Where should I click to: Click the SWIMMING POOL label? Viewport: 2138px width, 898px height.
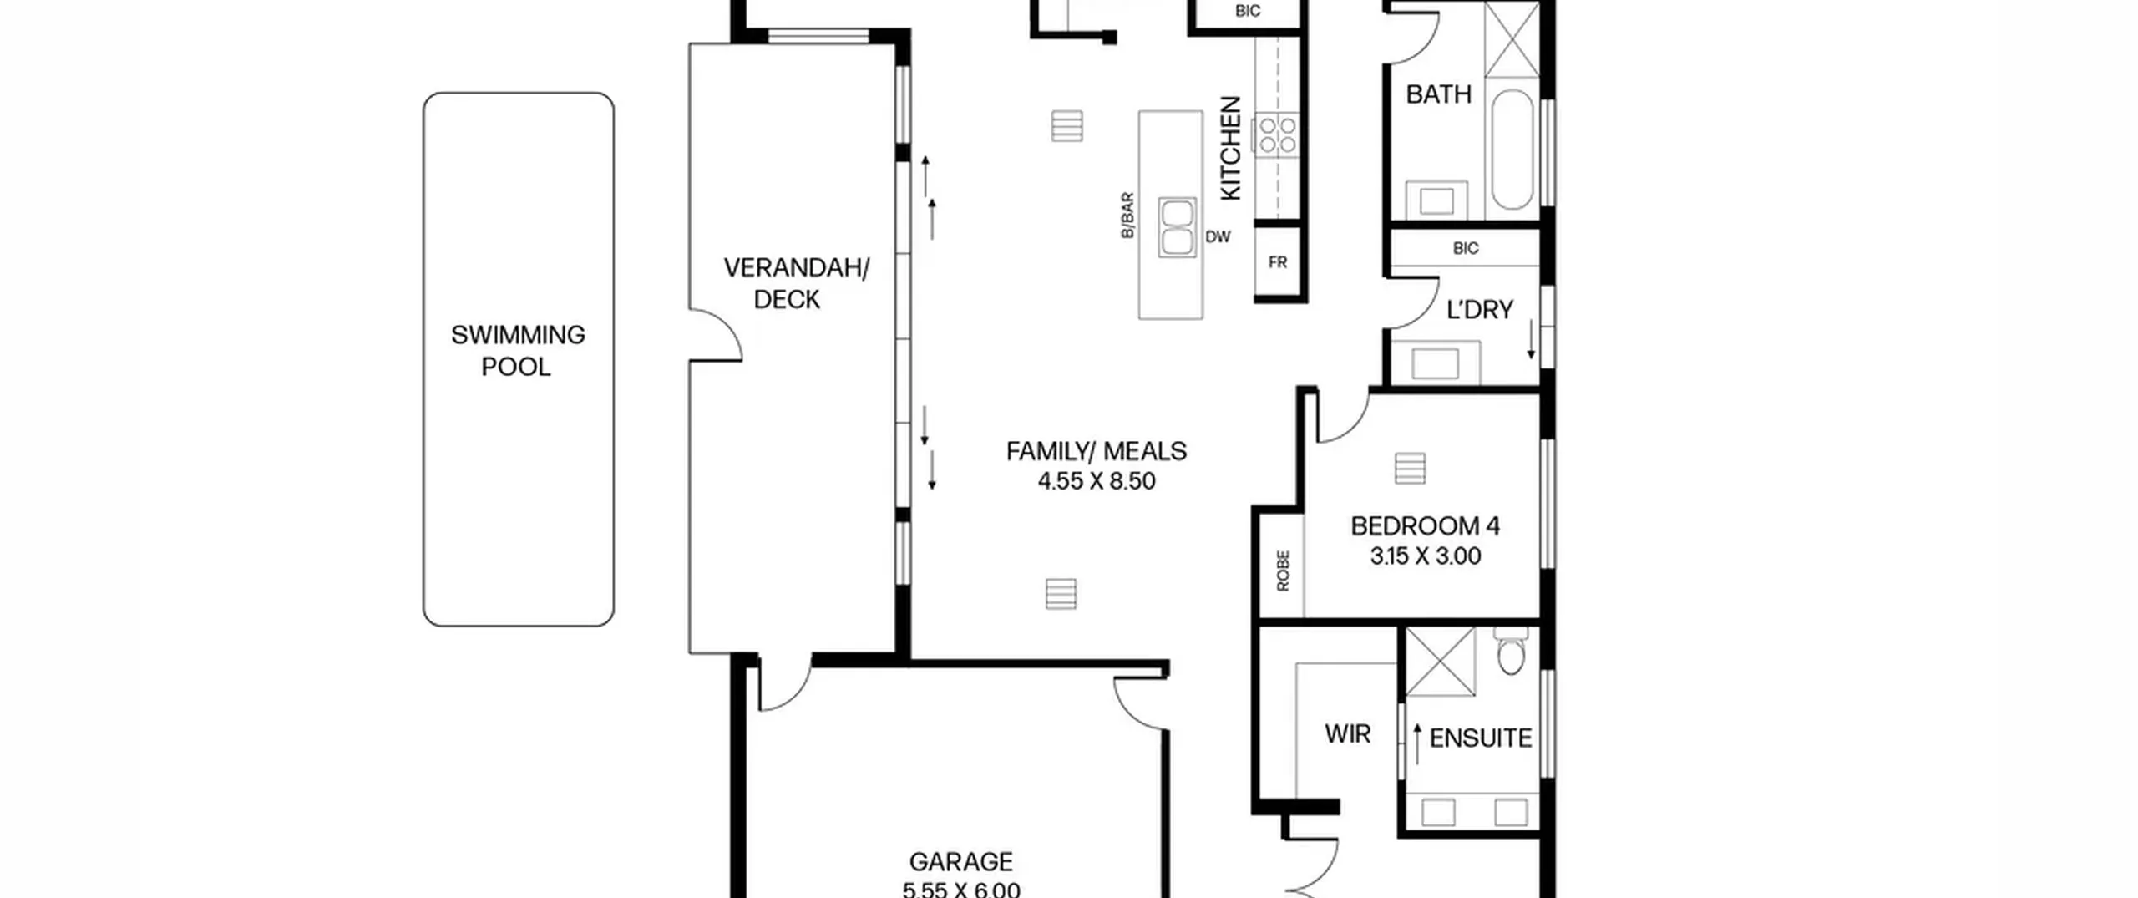(x=518, y=351)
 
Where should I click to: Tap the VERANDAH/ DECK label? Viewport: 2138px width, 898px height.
(x=796, y=283)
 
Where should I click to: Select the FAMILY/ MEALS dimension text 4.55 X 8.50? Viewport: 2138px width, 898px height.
(x=1097, y=481)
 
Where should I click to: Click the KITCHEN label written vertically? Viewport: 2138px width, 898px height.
(x=1231, y=149)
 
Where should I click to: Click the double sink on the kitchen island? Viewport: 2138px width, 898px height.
(x=1177, y=226)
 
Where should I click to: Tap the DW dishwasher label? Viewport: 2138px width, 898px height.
(x=1218, y=237)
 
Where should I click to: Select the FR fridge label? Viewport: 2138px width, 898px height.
(x=1278, y=262)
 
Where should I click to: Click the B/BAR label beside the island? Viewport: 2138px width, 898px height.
(x=1127, y=216)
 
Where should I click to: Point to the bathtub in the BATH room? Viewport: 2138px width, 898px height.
(x=1512, y=149)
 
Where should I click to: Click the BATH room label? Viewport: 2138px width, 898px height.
(x=1438, y=94)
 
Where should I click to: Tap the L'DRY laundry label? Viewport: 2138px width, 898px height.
(x=1479, y=310)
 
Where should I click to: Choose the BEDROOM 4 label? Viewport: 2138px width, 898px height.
(x=1425, y=526)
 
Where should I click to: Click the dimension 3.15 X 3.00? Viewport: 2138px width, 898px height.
(x=1425, y=556)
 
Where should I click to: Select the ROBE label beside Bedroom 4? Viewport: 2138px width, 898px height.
(x=1283, y=571)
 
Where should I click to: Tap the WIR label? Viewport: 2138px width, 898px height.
(x=1347, y=734)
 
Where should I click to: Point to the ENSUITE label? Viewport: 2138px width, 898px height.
(x=1480, y=738)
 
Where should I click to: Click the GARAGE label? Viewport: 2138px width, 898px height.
(x=960, y=861)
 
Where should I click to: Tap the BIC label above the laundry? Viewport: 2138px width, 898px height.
(x=1466, y=248)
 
